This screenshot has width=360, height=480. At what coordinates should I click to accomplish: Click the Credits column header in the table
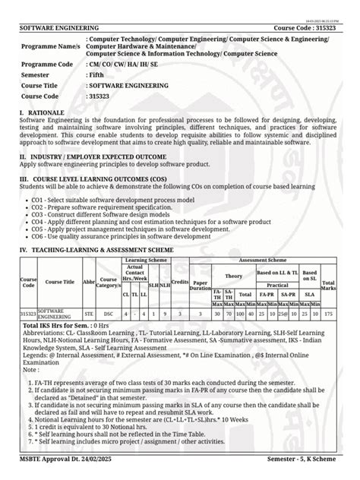(x=180, y=281)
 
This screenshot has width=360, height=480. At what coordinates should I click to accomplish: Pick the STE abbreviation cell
(x=89, y=313)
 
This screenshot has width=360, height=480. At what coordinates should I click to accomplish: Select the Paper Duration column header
(x=201, y=285)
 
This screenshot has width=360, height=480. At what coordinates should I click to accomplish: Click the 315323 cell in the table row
(x=27, y=313)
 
